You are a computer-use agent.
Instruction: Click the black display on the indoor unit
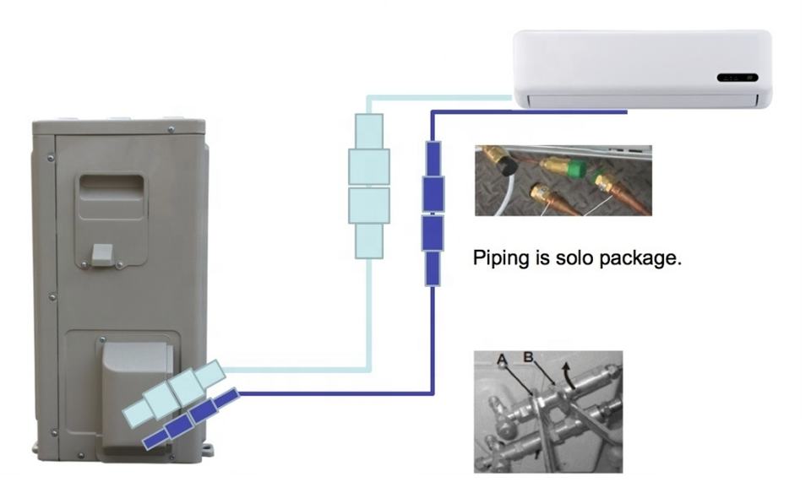click(x=737, y=78)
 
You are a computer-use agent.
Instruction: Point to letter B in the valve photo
click(x=528, y=357)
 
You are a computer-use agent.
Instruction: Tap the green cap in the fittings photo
click(x=577, y=169)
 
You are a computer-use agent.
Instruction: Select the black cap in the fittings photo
click(x=507, y=165)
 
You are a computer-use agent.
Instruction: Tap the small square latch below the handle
click(x=101, y=253)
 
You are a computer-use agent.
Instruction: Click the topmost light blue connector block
click(x=369, y=131)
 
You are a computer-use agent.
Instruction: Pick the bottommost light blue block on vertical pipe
click(x=369, y=241)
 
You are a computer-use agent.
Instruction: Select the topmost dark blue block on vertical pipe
click(x=433, y=159)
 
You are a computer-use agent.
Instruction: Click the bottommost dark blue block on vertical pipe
click(x=433, y=268)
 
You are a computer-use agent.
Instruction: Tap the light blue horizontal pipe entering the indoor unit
click(x=439, y=98)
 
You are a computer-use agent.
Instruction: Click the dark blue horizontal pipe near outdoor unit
click(x=335, y=393)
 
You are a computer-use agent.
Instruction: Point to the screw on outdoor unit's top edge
click(x=171, y=129)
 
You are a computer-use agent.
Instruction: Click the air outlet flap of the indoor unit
click(x=642, y=100)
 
